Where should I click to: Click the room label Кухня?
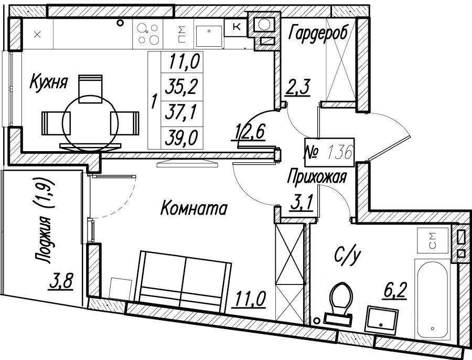click(49, 82)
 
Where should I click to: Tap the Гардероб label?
click(318, 34)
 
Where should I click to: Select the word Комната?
click(192, 209)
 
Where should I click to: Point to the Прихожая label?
click(317, 178)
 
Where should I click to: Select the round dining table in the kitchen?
click(90, 123)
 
